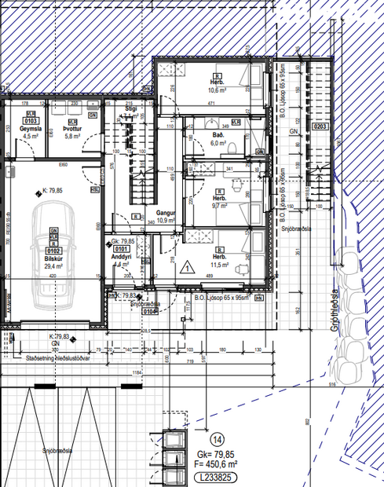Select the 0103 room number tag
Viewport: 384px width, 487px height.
tap(31, 122)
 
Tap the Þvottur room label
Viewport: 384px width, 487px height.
tap(72, 129)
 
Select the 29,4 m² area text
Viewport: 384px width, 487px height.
tap(54, 267)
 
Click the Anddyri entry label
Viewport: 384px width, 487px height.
tap(121, 257)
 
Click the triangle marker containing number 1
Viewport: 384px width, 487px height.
tap(188, 267)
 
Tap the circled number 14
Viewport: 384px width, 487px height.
tap(218, 440)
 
